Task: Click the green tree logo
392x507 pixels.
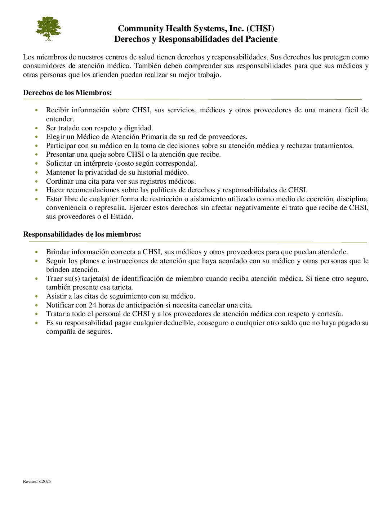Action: [48, 28]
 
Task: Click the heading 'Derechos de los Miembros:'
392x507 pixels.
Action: [67, 93]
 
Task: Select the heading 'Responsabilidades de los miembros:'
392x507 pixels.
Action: [82, 234]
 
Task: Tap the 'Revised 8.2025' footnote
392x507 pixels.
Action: [37, 481]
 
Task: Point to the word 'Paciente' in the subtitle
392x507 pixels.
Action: [262, 39]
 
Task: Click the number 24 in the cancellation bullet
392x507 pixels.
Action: [92, 305]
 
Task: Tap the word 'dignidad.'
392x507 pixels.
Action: [139, 128]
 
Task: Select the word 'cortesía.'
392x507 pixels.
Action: [330, 314]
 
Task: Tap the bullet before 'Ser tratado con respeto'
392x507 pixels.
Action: [36, 128]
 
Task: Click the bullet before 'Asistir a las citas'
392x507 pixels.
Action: [36, 296]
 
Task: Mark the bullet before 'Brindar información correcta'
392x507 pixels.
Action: [36, 252]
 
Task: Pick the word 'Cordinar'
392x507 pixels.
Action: [60, 181]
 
